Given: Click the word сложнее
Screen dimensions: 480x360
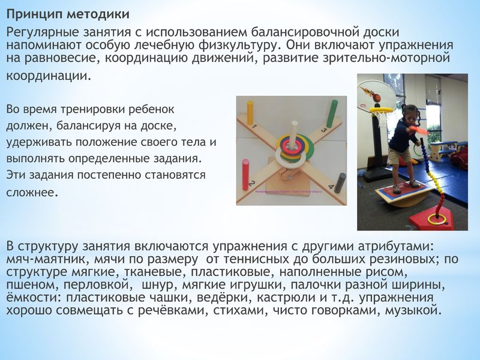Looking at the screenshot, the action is pos(32,193).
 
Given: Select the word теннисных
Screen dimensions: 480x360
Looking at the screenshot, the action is pos(256,259).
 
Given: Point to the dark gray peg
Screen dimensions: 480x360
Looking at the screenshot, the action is pos(340,183).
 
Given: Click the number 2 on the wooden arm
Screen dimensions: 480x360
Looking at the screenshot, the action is pos(252,184).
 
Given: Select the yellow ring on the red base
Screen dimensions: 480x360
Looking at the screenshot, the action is pos(437,219).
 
